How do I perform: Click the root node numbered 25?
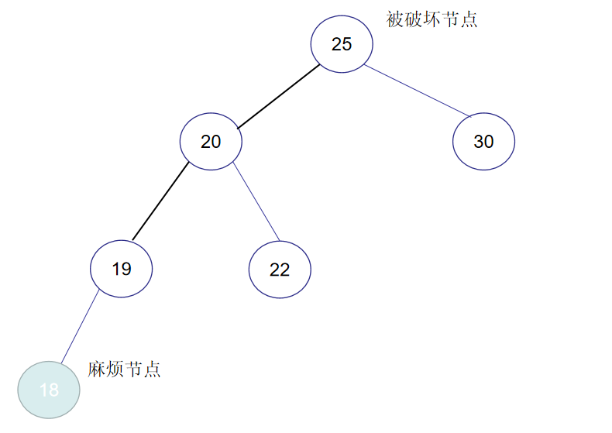click(342, 44)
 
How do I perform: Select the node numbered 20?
click(211, 142)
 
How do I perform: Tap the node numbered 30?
click(483, 142)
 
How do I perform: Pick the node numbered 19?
click(122, 269)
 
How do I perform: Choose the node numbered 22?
click(280, 270)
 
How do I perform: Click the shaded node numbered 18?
click(49, 390)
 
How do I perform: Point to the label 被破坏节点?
click(431, 19)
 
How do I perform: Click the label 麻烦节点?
click(124, 369)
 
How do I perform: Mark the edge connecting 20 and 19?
click(160, 201)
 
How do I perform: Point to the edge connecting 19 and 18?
click(80, 326)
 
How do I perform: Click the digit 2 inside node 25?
click(336, 44)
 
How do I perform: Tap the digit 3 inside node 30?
click(478, 142)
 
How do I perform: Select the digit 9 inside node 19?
click(127, 269)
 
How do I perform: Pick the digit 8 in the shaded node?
click(53, 390)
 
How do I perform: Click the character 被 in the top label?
click(394, 19)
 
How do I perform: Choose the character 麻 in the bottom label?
click(96, 369)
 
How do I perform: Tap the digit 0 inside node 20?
click(216, 142)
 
